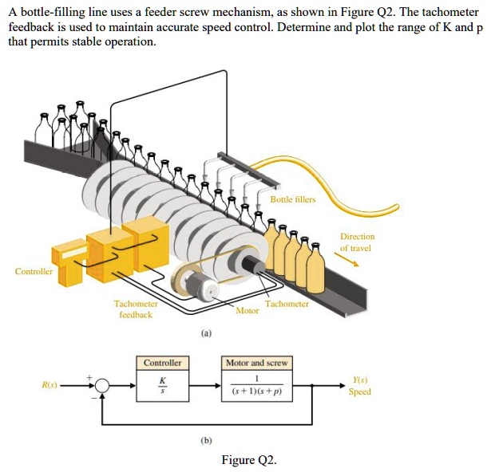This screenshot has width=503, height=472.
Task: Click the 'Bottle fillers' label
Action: tap(293, 199)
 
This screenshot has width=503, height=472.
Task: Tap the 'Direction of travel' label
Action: tap(356, 242)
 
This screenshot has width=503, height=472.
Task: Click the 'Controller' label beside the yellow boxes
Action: tap(34, 271)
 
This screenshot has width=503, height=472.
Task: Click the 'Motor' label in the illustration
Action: tap(248, 311)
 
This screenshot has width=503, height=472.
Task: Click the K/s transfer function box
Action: tap(163, 386)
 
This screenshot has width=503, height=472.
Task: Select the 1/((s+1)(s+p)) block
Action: tap(256, 386)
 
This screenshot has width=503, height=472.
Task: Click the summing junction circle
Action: tap(102, 386)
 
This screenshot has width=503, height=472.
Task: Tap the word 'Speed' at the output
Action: tap(360, 391)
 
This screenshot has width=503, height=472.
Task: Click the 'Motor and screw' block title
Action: tap(256, 363)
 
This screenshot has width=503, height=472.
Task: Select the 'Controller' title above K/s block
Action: tap(163, 363)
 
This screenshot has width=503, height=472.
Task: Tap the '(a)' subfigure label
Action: tap(207, 335)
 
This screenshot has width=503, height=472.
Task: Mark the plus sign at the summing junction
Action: tap(89, 376)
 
